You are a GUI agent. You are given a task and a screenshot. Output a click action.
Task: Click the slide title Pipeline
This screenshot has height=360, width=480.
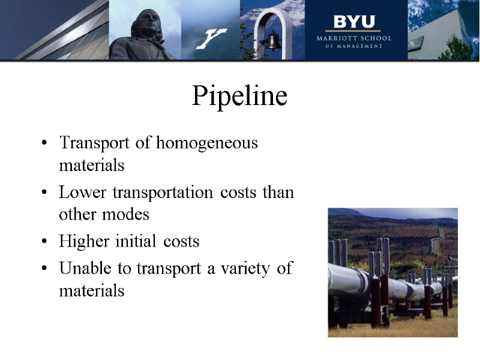239,97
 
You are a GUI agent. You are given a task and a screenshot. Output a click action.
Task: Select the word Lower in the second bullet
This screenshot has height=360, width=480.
80,193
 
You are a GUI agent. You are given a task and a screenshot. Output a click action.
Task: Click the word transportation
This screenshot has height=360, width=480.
154,193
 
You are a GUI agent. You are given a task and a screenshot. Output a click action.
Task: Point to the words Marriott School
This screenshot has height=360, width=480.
354,38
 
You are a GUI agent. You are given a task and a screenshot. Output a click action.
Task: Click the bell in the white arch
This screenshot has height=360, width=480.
273,41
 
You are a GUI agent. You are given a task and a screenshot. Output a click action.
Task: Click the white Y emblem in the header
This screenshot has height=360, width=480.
211,38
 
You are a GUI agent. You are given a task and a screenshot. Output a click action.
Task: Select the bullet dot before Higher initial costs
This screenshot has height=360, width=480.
44,242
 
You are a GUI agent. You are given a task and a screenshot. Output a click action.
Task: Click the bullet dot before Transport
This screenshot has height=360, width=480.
44,144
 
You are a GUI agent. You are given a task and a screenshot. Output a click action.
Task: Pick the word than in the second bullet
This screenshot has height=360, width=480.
279,193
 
